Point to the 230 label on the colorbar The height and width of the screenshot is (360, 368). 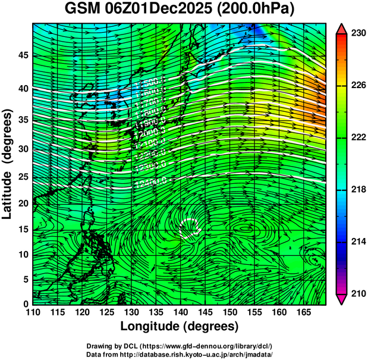(x=358, y=34)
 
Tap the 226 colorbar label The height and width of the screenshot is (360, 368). (x=358, y=86)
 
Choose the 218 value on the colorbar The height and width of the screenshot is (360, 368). (x=358, y=190)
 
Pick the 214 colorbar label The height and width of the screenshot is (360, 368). (x=358, y=242)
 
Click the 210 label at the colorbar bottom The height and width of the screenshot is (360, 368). (x=358, y=293)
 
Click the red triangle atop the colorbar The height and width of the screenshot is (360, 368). (x=341, y=29)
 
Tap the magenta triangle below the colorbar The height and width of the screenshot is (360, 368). (x=341, y=299)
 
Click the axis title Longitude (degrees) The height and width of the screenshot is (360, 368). (x=180, y=327)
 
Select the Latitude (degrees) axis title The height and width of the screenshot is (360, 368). (x=8, y=164)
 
